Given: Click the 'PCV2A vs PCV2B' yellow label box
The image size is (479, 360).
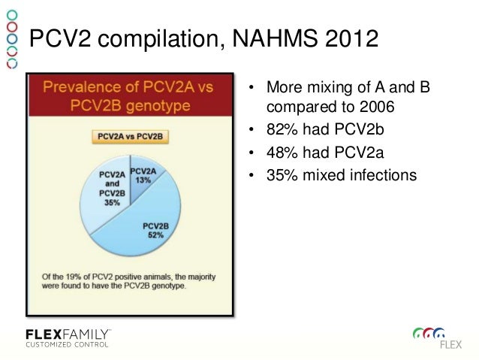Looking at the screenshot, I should (131, 136).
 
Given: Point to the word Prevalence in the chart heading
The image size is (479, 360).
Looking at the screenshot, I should (80, 87).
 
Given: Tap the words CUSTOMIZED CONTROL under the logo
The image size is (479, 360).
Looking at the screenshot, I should (67, 345).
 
